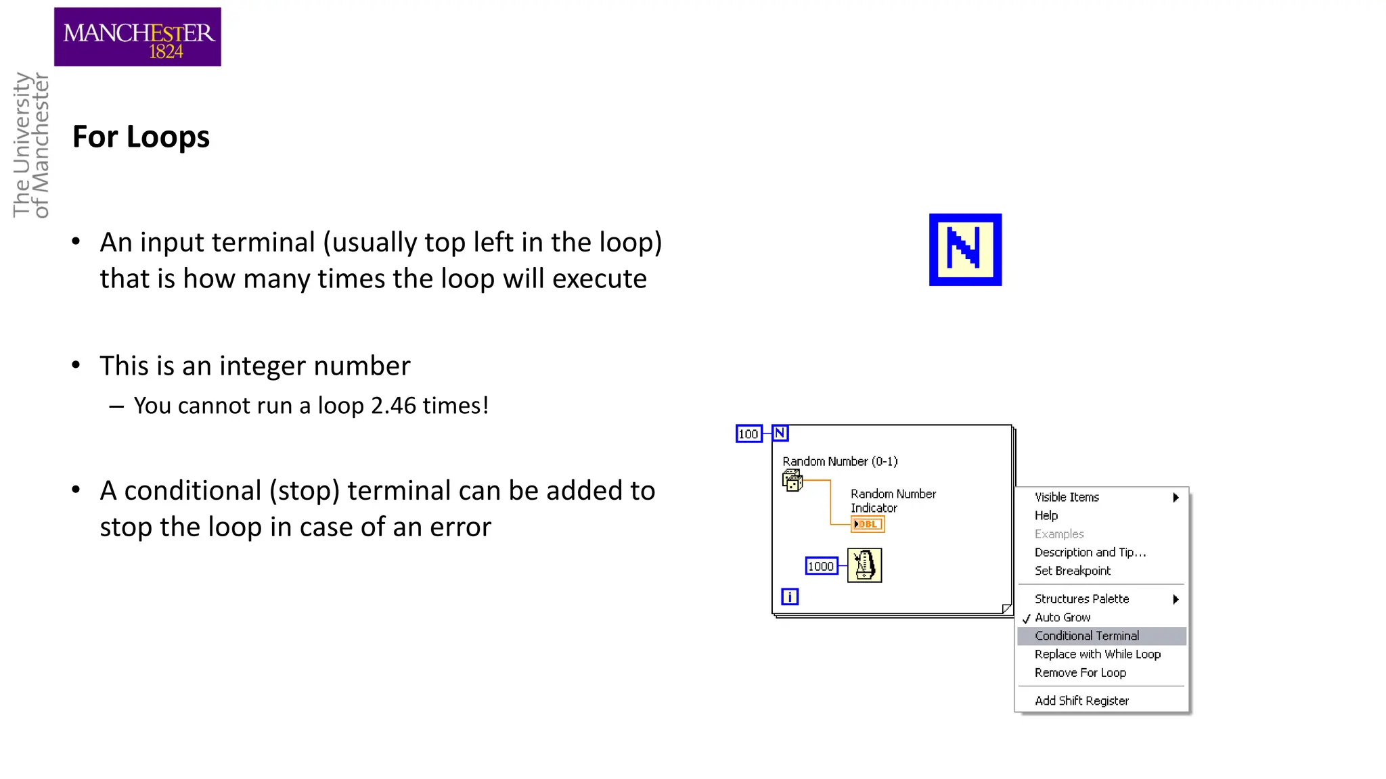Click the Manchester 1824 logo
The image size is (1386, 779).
point(137,37)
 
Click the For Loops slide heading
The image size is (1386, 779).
point(141,137)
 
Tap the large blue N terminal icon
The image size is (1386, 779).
point(965,250)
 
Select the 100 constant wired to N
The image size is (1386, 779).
point(748,433)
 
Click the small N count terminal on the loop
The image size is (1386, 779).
point(780,433)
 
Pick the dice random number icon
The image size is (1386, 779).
point(792,481)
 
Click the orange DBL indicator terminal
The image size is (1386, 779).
point(868,524)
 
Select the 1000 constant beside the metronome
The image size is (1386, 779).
point(821,566)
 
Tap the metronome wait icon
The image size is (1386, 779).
point(864,565)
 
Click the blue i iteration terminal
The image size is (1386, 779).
point(790,596)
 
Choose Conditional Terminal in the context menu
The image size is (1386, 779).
point(1087,636)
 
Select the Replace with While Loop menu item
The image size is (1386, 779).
point(1097,654)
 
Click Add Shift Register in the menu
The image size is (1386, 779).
point(1081,701)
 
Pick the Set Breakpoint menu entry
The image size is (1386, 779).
point(1072,571)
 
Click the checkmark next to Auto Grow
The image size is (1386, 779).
point(1027,618)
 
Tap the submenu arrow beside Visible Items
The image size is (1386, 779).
point(1176,497)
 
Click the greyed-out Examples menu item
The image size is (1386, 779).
point(1059,534)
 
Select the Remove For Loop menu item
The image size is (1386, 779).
point(1080,673)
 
